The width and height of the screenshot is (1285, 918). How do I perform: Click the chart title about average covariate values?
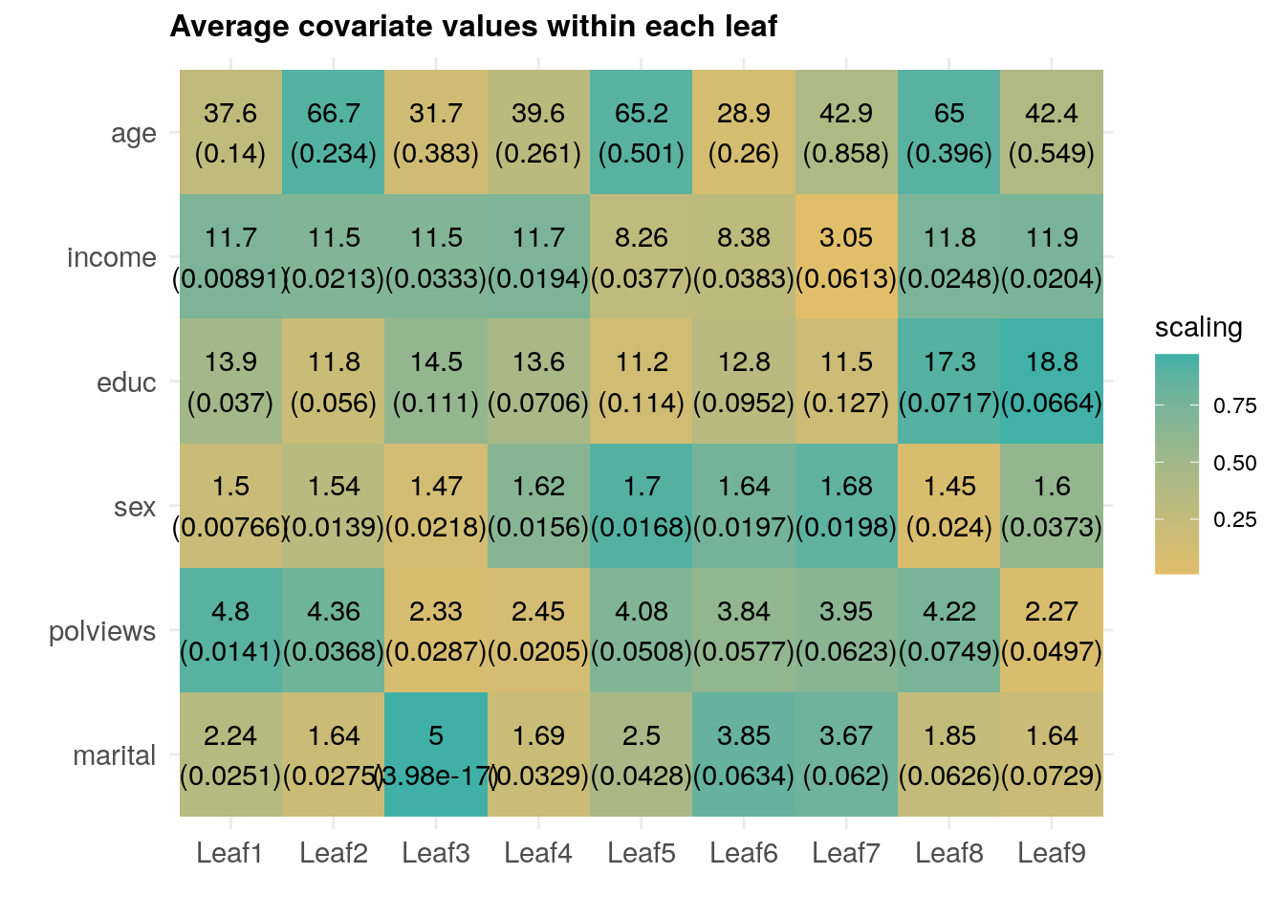[x=473, y=27]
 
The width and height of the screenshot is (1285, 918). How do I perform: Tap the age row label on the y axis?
[x=133, y=134]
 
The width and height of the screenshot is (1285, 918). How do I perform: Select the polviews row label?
[x=102, y=631]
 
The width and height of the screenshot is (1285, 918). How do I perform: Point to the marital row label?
[x=114, y=755]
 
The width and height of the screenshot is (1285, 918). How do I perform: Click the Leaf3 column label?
[x=436, y=853]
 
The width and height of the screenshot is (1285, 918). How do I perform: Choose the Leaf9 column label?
[x=1052, y=853]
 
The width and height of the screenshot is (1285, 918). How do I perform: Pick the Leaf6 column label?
[x=744, y=853]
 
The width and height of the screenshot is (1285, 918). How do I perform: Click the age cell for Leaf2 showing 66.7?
[x=334, y=133]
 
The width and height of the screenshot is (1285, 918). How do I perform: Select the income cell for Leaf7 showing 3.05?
[x=846, y=257]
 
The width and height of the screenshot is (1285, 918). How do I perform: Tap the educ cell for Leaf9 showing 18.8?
[x=1052, y=382]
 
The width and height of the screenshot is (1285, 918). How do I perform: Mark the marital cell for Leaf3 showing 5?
[x=436, y=754]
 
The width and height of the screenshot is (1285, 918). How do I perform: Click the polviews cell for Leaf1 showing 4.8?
[x=230, y=630]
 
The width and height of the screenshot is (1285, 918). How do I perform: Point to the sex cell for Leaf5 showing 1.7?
[x=642, y=506]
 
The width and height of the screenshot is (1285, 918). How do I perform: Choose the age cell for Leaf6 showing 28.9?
[x=744, y=133]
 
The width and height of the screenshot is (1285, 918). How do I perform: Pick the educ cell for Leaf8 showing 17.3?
[x=949, y=382]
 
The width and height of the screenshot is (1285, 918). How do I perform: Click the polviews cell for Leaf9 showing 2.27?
[x=1052, y=630]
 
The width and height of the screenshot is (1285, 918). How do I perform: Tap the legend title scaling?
[x=1198, y=328]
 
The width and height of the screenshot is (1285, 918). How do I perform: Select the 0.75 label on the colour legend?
[x=1234, y=406]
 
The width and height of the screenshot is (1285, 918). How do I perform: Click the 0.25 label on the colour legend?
[x=1234, y=520]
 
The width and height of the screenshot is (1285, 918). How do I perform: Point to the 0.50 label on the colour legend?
[x=1234, y=464]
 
